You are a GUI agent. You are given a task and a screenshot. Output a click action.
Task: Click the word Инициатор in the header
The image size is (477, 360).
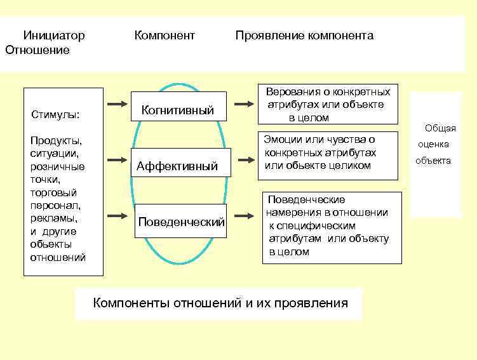coord(54,36)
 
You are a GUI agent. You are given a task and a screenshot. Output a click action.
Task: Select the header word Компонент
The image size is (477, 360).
coord(165,36)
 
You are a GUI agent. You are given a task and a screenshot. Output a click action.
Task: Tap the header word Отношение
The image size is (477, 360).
coord(37,50)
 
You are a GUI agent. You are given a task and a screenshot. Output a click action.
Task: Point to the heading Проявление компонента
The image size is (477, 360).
coord(304,36)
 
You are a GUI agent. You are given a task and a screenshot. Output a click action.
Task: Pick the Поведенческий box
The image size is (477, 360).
coord(182,222)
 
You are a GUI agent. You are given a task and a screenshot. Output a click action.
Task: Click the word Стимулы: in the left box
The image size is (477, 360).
coord(55,115)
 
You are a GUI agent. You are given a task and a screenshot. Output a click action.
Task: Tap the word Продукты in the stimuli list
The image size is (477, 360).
coord(55,140)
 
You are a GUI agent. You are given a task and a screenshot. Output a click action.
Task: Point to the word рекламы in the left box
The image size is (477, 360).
coord(53,218)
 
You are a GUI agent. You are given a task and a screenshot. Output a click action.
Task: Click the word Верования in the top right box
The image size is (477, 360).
coord(290,91)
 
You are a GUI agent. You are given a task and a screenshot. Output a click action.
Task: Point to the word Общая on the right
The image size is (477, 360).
coord(440,128)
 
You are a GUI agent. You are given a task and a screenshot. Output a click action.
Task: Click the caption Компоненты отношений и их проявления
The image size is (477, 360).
coord(220,303)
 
